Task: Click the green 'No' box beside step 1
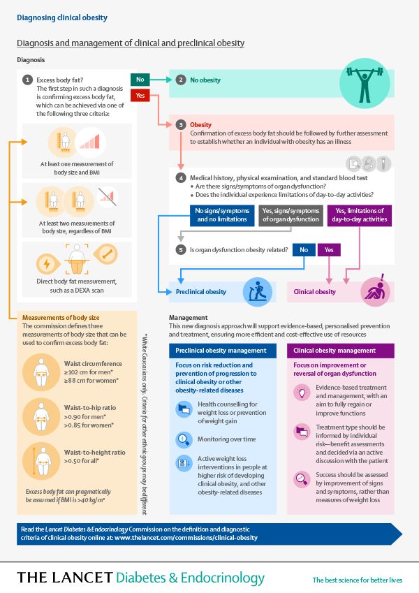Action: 140,80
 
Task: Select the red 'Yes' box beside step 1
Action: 140,95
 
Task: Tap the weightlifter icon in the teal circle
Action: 365,84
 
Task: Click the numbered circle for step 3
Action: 181,125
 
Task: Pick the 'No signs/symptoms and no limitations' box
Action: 222,215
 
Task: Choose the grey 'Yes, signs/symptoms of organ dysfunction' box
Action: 291,215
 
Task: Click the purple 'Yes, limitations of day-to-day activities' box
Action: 359,215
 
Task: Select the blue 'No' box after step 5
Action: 304,249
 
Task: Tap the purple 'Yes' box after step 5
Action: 329,249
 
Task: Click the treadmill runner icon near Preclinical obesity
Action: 258,291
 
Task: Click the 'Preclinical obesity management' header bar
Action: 223,351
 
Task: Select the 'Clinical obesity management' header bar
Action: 340,351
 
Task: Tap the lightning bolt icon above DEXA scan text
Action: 47,263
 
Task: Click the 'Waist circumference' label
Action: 93,363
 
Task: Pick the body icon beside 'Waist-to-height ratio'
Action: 41,461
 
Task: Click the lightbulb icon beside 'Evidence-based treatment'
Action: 302,392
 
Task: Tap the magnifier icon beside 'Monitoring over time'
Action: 184,439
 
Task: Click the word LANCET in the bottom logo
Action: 82,578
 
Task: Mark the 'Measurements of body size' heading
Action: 61,318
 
